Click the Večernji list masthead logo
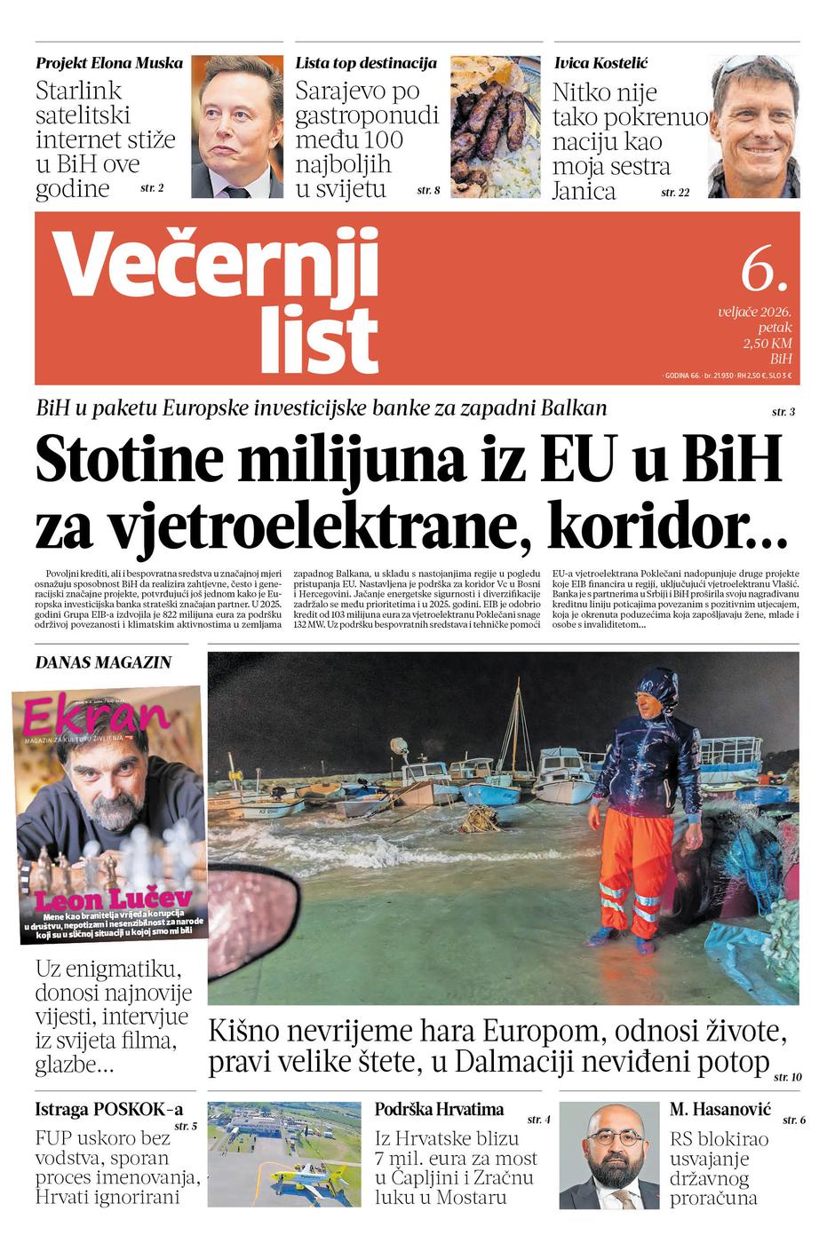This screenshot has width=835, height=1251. point(218,300)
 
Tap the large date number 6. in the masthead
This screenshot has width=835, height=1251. point(763,268)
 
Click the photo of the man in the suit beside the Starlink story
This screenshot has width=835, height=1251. point(237,127)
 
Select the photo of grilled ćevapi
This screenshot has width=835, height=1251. point(495,127)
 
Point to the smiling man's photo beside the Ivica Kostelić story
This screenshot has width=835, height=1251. point(754,127)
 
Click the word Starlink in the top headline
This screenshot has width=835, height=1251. point(78,91)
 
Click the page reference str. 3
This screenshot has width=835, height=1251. point(783,412)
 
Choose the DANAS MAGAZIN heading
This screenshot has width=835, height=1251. point(103,662)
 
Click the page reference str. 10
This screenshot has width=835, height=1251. point(787,1077)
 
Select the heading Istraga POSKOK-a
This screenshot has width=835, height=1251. point(108,1109)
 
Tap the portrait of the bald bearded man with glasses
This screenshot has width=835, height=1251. point(608,1156)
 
